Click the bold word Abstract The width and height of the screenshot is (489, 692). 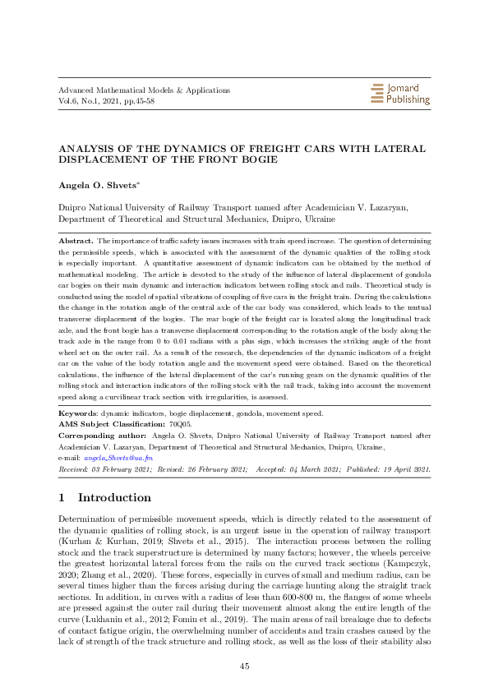tap(76, 239)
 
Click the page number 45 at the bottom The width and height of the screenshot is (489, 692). tap(244, 665)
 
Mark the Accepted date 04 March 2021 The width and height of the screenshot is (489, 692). tap(306, 468)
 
